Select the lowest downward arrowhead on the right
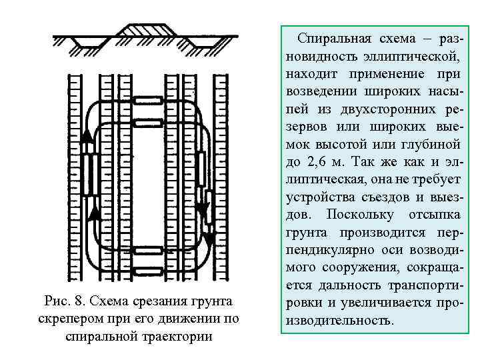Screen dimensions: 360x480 [210, 238]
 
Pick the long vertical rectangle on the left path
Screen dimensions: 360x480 [89, 173]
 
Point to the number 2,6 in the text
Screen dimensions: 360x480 [319, 162]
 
